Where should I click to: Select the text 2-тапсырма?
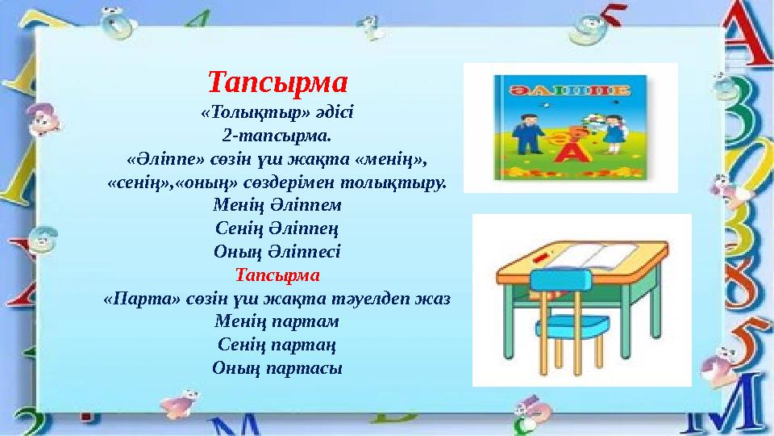[277, 132]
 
